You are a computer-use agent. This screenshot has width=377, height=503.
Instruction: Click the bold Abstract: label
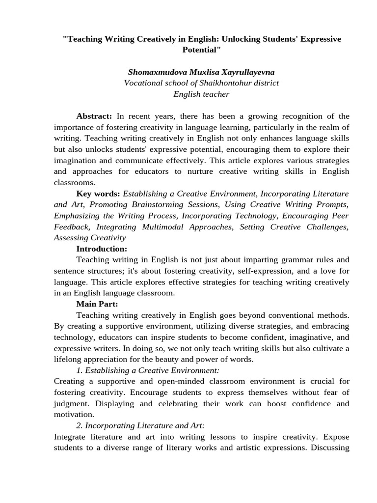pos(94,116)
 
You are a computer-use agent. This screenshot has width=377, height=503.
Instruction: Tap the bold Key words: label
pos(98,194)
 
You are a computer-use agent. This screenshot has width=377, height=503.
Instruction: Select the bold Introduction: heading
pos(102,249)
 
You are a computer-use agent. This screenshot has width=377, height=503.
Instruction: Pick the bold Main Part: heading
pos(97,304)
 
